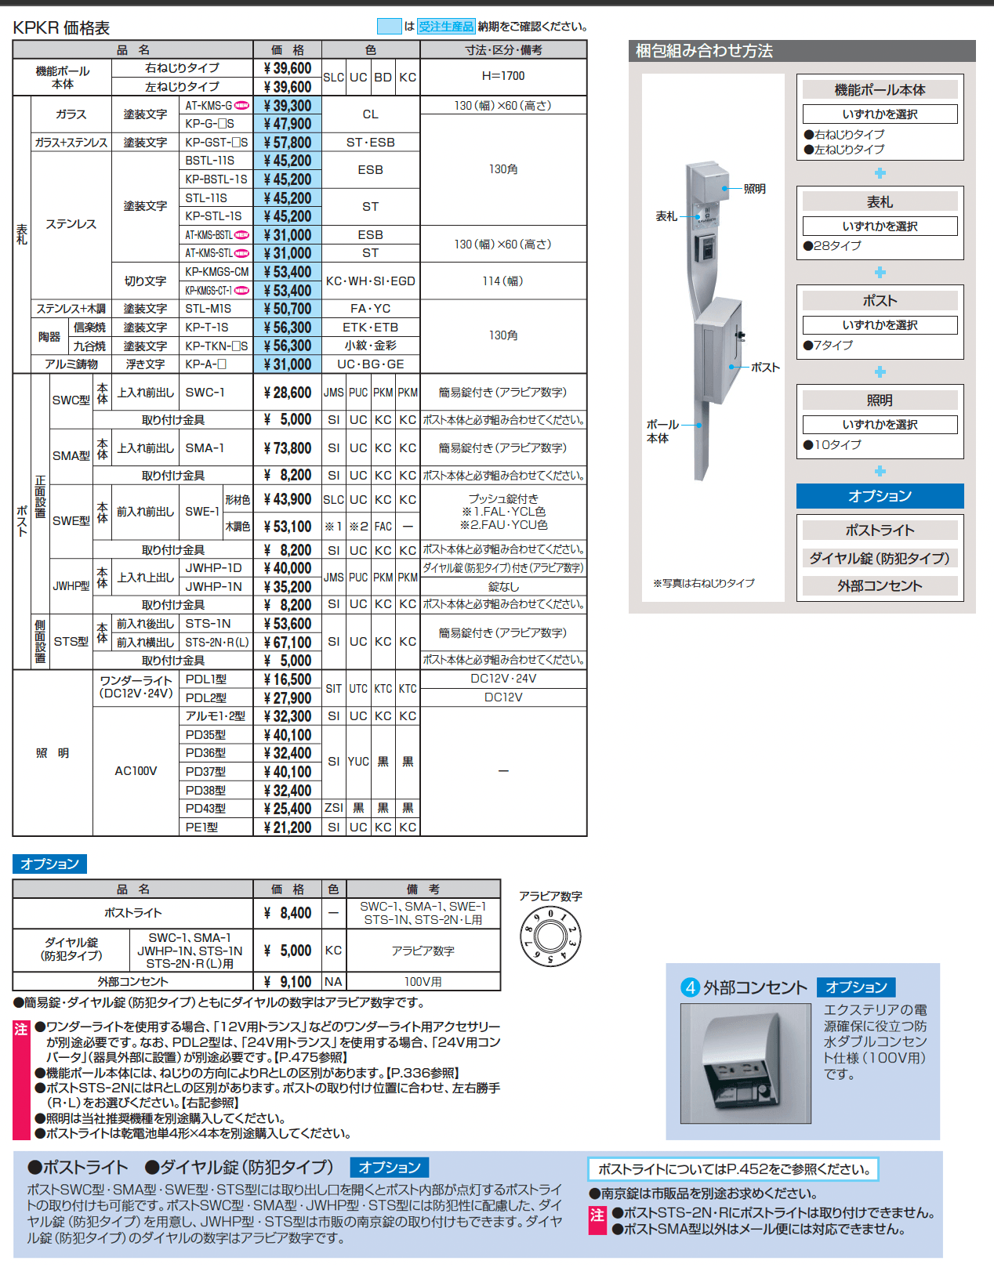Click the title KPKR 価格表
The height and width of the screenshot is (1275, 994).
tap(61, 28)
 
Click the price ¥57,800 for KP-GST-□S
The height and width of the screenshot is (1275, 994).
tap(288, 143)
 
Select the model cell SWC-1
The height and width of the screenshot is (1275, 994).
tap(205, 393)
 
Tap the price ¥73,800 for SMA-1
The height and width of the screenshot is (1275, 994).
tap(288, 448)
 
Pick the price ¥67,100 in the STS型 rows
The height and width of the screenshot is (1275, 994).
tap(288, 643)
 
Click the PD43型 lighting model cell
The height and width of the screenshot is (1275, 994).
tap(206, 809)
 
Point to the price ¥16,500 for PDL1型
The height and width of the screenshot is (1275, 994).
tap(288, 679)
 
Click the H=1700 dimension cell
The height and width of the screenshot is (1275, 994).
tap(503, 76)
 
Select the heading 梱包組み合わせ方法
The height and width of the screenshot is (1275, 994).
tap(704, 51)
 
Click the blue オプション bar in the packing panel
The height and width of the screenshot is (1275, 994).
tap(880, 496)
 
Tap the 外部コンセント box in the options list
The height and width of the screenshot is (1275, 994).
tap(880, 586)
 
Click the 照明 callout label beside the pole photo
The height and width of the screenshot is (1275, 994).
tap(754, 189)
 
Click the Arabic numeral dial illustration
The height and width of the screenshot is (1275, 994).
tap(550, 937)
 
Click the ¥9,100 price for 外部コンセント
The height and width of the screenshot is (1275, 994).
tap(288, 982)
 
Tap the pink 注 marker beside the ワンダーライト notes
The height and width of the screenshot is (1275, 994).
tap(21, 1029)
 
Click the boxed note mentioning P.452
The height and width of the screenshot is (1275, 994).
tap(733, 1169)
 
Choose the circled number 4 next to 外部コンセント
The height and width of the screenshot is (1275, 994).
tap(690, 987)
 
